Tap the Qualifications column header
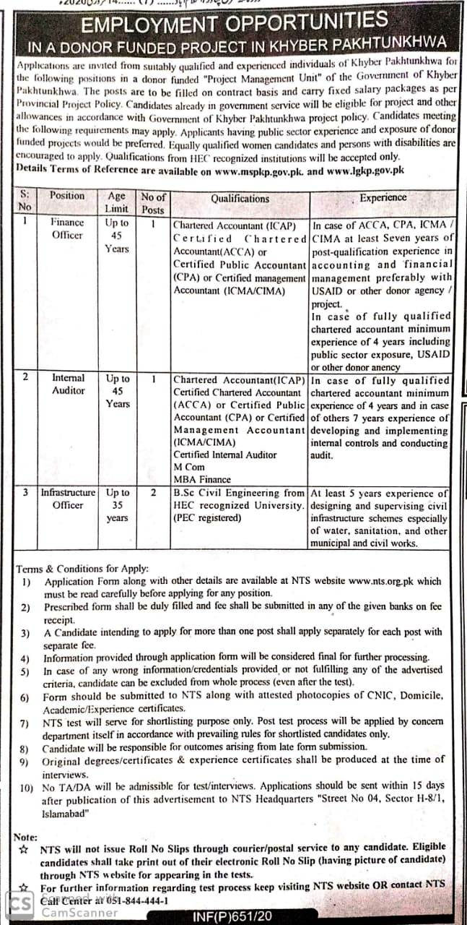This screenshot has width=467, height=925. point(240,199)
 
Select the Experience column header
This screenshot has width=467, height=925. point(383,197)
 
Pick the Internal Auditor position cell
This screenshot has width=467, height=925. point(68,384)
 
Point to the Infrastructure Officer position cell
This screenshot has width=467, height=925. point(68,499)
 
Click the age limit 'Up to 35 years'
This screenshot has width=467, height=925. point(117,505)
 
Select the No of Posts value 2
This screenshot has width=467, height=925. point(153,492)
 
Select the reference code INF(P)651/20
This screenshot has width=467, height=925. point(232,916)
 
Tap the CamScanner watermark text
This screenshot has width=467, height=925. point(79,912)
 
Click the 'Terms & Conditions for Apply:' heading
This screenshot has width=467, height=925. point(82,568)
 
